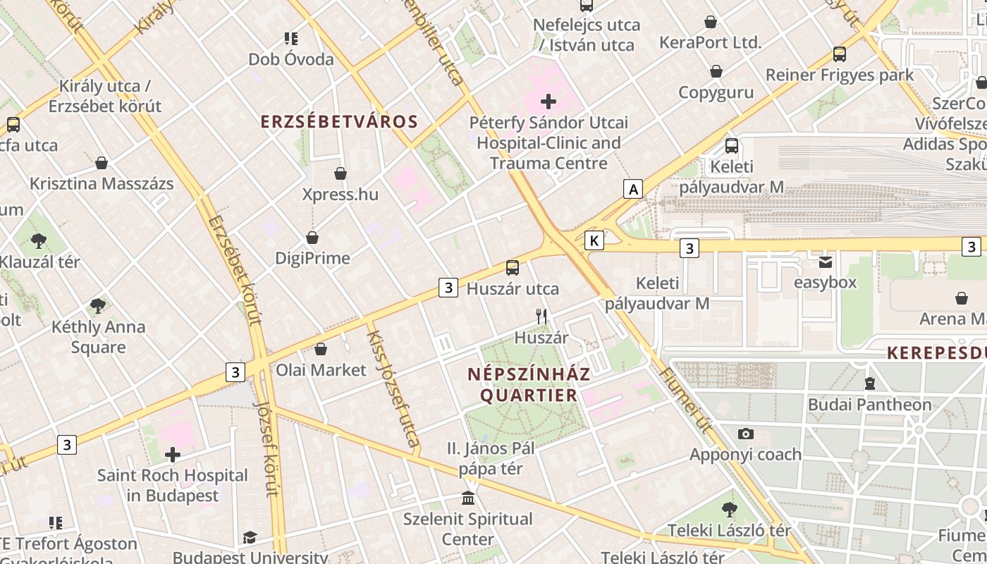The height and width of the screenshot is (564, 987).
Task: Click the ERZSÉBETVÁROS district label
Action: [339, 121]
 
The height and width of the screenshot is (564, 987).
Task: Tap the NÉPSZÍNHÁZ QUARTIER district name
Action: [529, 385]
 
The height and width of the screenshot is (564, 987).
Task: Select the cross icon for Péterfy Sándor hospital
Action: [548, 102]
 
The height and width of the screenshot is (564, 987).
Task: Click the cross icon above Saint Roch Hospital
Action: [173, 455]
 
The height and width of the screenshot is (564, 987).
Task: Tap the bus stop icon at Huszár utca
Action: [513, 268]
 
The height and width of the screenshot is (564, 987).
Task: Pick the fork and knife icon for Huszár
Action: [541, 317]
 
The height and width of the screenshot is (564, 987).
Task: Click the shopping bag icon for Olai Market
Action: [321, 349]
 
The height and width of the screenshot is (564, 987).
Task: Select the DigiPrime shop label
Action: [312, 258]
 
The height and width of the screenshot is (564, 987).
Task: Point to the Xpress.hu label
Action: [340, 195]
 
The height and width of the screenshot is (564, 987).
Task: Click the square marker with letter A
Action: [634, 189]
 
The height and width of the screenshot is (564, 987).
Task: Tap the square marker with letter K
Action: [594, 240]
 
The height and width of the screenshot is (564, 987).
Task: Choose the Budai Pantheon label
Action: [869, 405]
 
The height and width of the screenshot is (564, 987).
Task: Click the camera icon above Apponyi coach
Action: [745, 434]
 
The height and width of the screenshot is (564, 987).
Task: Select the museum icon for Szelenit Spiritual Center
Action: [467, 498]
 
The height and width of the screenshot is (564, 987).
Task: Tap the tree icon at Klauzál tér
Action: [39, 241]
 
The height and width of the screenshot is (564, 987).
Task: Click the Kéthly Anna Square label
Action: [98, 337]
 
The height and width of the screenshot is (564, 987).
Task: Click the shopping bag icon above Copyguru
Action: [716, 71]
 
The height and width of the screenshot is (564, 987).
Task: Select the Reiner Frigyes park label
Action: [839, 75]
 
